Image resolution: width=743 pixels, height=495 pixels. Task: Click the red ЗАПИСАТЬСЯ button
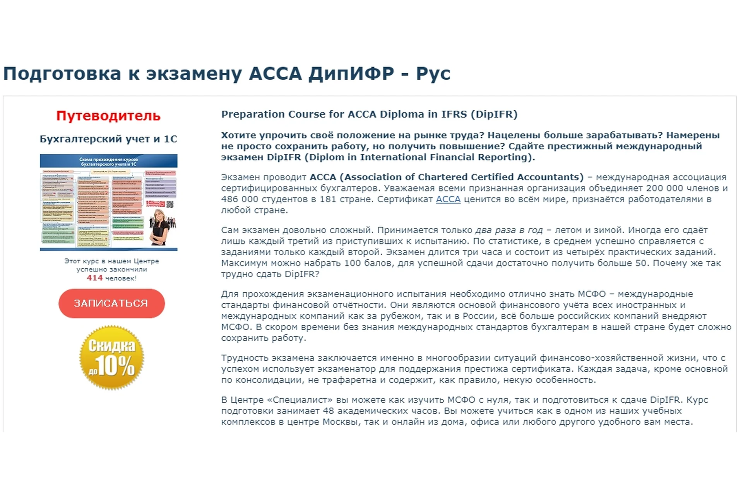(x=111, y=303)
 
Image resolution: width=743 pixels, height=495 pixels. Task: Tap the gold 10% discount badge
(x=111, y=357)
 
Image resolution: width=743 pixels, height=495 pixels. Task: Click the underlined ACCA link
(x=448, y=199)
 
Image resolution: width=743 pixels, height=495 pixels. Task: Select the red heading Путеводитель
(x=108, y=116)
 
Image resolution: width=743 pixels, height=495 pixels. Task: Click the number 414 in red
(x=95, y=278)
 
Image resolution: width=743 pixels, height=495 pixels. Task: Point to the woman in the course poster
(x=161, y=228)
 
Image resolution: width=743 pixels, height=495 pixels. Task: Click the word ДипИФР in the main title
(x=351, y=73)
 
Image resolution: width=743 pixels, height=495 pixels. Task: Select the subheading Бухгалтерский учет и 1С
(x=108, y=139)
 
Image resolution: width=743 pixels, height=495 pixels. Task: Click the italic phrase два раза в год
(x=509, y=230)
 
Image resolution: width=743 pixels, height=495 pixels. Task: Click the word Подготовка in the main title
(x=62, y=73)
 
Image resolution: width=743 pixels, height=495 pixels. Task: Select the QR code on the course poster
(x=170, y=204)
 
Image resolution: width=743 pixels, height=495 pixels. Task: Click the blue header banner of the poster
(x=108, y=161)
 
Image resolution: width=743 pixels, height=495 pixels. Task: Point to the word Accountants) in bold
(x=550, y=177)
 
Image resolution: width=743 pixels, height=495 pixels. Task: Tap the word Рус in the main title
(x=433, y=73)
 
